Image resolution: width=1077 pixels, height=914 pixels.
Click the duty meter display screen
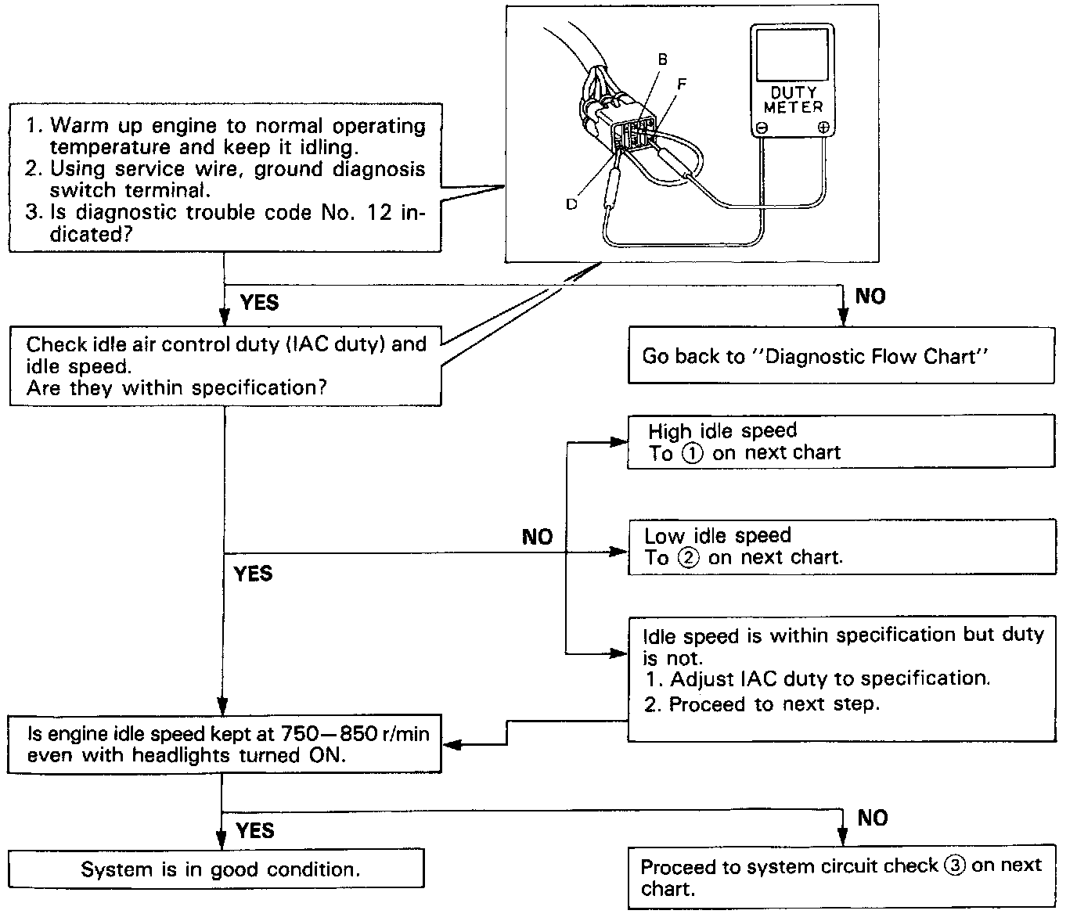pyautogui.click(x=792, y=52)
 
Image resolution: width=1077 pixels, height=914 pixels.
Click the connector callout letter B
pyautogui.click(x=662, y=59)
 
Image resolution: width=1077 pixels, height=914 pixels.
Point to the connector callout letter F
pyautogui.click(x=682, y=83)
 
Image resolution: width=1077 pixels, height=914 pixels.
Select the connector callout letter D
pyautogui.click(x=572, y=203)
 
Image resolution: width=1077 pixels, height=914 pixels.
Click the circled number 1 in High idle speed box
pyautogui.click(x=693, y=454)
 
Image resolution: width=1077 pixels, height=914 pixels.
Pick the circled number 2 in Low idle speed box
pyautogui.click(x=689, y=559)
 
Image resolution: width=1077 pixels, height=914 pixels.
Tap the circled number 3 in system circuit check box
pyautogui.click(x=954, y=866)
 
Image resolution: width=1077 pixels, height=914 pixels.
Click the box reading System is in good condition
pyautogui.click(x=216, y=869)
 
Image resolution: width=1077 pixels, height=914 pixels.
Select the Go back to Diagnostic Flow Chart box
pyautogui.click(x=841, y=356)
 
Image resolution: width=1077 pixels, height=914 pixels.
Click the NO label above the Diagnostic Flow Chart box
pyautogui.click(x=870, y=296)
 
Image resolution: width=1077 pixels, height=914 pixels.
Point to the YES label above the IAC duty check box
pyautogui.click(x=259, y=303)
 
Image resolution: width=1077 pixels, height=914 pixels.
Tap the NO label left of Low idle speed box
pyautogui.click(x=537, y=537)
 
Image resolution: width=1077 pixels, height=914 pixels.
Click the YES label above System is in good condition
pyautogui.click(x=255, y=830)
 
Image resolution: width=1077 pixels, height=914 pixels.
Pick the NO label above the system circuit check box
pyautogui.click(x=872, y=819)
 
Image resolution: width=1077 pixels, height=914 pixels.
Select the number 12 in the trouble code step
pyautogui.click(x=379, y=213)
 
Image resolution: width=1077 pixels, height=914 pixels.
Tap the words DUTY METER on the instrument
pyautogui.click(x=793, y=99)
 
